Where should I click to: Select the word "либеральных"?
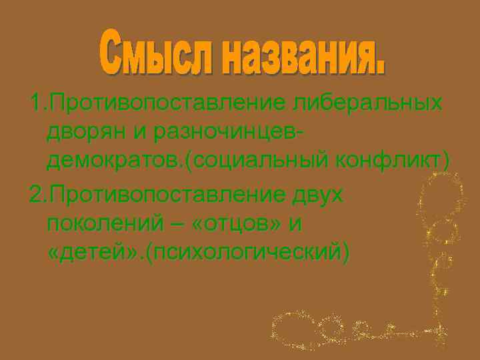tap(367, 103)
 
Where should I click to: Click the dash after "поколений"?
tap(175, 224)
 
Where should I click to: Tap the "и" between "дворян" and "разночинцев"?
tap(141, 133)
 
